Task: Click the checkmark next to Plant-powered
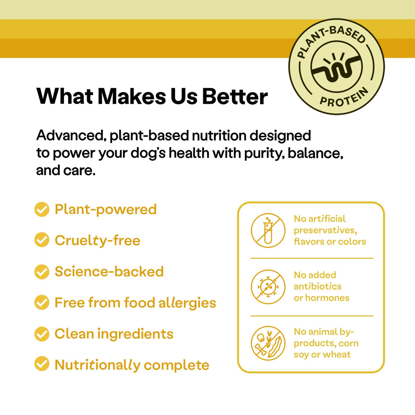click(x=41, y=209)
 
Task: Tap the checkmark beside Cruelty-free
click(x=41, y=240)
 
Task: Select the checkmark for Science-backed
click(x=41, y=272)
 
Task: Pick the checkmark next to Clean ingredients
click(x=41, y=334)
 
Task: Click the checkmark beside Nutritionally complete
click(x=41, y=365)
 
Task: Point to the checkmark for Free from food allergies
click(x=41, y=303)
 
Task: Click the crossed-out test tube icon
click(x=268, y=230)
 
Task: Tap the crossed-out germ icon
click(x=268, y=287)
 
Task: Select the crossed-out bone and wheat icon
click(x=268, y=343)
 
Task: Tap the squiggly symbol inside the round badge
click(x=336, y=67)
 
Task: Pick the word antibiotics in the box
click(x=317, y=286)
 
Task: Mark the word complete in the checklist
click(x=176, y=365)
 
